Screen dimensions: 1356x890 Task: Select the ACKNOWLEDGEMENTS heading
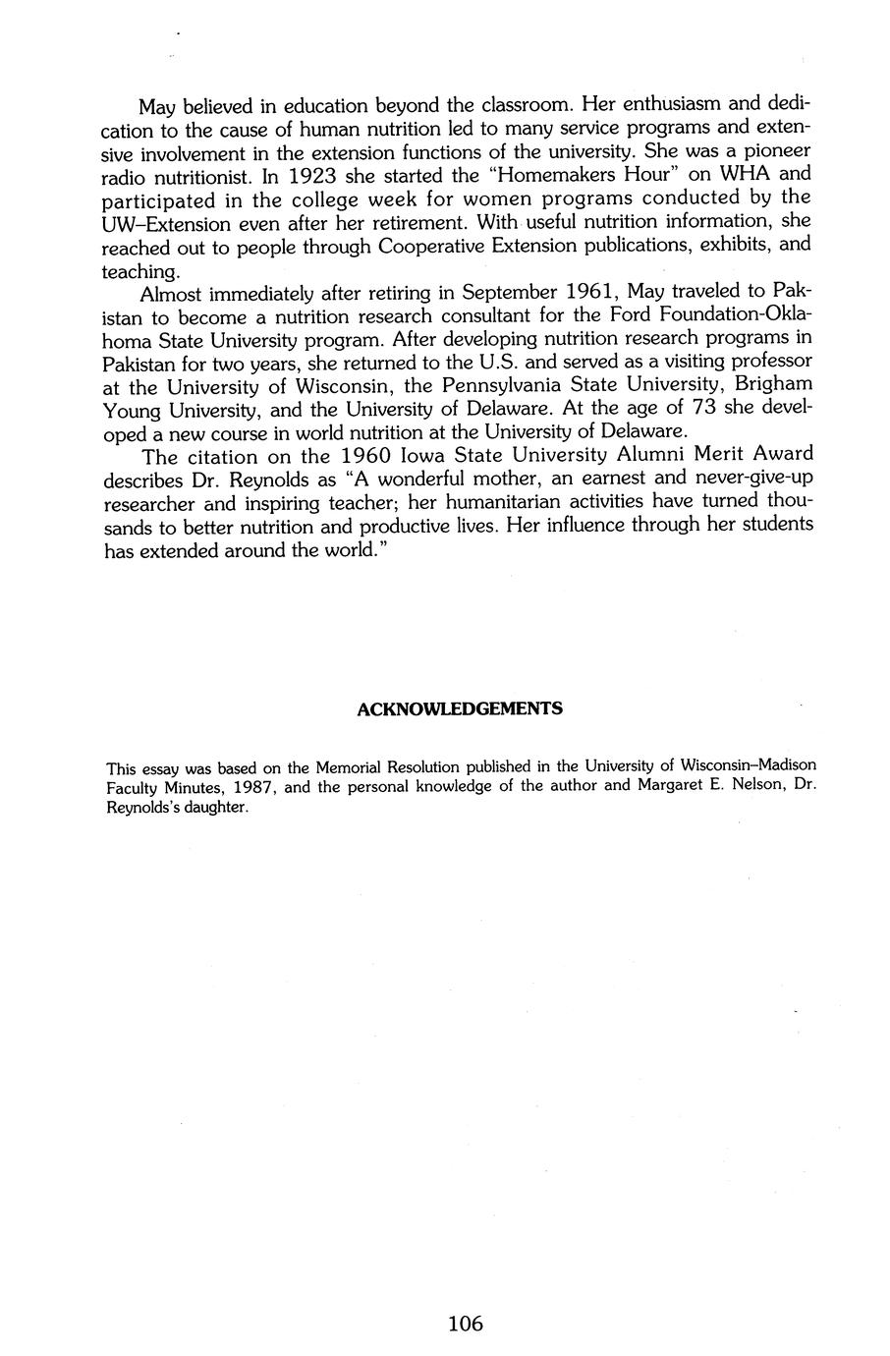(459, 708)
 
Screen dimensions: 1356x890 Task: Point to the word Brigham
(773, 386)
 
